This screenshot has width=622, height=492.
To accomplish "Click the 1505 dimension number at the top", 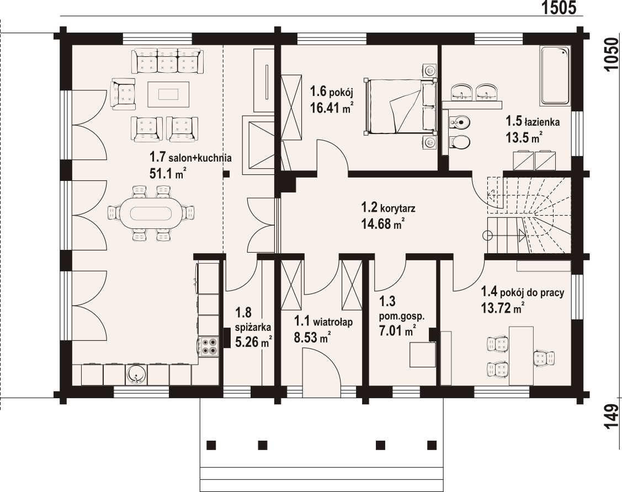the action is (x=559, y=8).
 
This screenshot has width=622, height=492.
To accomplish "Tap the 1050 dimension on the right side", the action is (x=612, y=54).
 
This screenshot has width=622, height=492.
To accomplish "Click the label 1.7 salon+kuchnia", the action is (x=190, y=157).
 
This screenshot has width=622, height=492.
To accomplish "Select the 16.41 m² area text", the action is (x=332, y=108).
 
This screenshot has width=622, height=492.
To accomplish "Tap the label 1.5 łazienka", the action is (x=533, y=121).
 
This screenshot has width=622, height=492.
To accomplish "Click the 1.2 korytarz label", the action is (x=388, y=207).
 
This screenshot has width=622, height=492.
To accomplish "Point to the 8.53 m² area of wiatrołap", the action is (x=312, y=338).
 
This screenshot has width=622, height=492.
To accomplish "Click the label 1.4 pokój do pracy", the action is (x=523, y=292).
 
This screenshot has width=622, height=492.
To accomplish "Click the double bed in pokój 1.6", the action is (x=400, y=106).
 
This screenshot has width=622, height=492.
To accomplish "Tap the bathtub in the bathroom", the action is (x=555, y=76).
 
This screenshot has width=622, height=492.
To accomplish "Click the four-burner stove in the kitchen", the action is (x=209, y=346).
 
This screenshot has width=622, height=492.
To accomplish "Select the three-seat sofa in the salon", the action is (x=167, y=61).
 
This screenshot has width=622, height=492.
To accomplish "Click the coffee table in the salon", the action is (x=168, y=94).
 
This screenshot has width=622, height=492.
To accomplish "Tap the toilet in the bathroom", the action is (x=460, y=142).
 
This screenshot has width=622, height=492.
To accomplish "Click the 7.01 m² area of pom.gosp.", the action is (x=398, y=330).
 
